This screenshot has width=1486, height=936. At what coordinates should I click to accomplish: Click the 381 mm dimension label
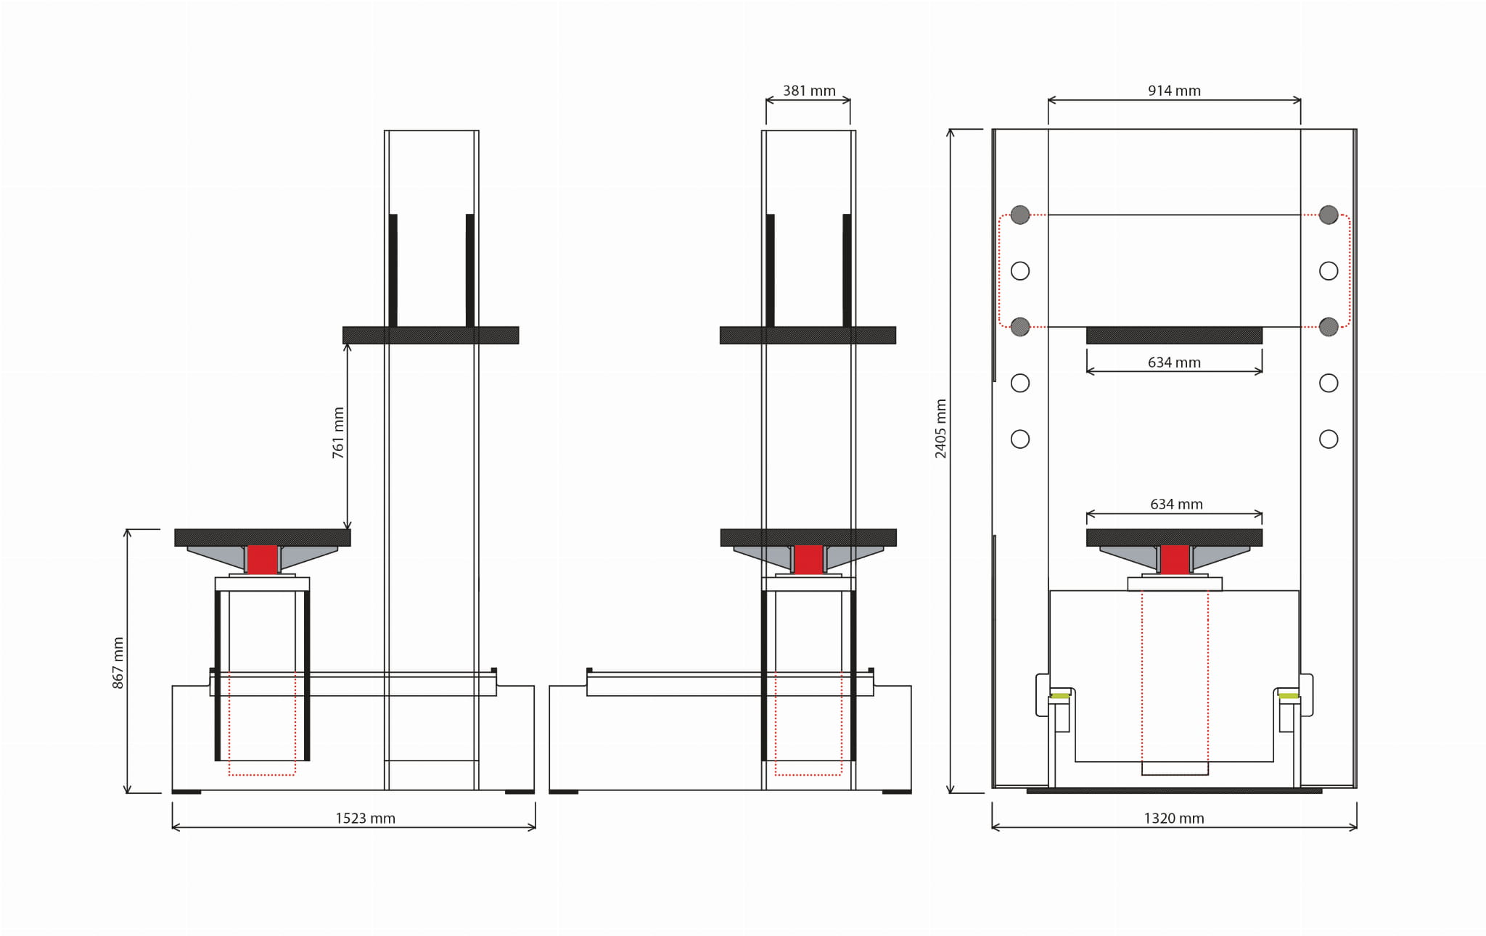tap(809, 91)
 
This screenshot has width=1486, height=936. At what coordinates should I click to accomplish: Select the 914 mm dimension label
tap(1174, 91)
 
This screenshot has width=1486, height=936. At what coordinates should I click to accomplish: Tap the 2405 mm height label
tap(940, 428)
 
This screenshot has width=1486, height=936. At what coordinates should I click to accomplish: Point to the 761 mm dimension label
tap(338, 433)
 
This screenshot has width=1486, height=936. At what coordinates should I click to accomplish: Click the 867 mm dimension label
tap(118, 663)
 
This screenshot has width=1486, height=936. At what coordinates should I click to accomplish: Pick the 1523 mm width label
tap(365, 819)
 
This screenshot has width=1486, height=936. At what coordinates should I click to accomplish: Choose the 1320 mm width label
tap(1174, 819)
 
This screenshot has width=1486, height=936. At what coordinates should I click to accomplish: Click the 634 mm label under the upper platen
tap(1174, 363)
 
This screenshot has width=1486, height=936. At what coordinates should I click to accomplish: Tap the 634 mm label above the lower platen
tap(1176, 504)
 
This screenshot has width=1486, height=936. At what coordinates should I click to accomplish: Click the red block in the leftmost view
tap(262, 560)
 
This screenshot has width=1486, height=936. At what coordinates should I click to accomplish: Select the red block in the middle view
tap(808, 560)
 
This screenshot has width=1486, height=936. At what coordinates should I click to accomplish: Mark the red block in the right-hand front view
tap(1175, 560)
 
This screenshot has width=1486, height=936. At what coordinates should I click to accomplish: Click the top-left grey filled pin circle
tap(1020, 215)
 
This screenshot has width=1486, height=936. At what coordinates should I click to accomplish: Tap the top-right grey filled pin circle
tap(1329, 215)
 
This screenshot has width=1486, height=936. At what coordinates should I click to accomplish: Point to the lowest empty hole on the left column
tap(1020, 439)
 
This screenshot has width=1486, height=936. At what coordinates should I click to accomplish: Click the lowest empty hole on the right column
tap(1329, 439)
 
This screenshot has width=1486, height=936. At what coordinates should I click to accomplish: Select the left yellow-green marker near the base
tap(1060, 696)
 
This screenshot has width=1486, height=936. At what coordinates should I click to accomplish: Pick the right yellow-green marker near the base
tap(1289, 696)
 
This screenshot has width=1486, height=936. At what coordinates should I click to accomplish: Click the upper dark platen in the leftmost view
tap(430, 335)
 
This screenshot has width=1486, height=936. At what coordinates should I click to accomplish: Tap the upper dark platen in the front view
tap(1174, 335)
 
